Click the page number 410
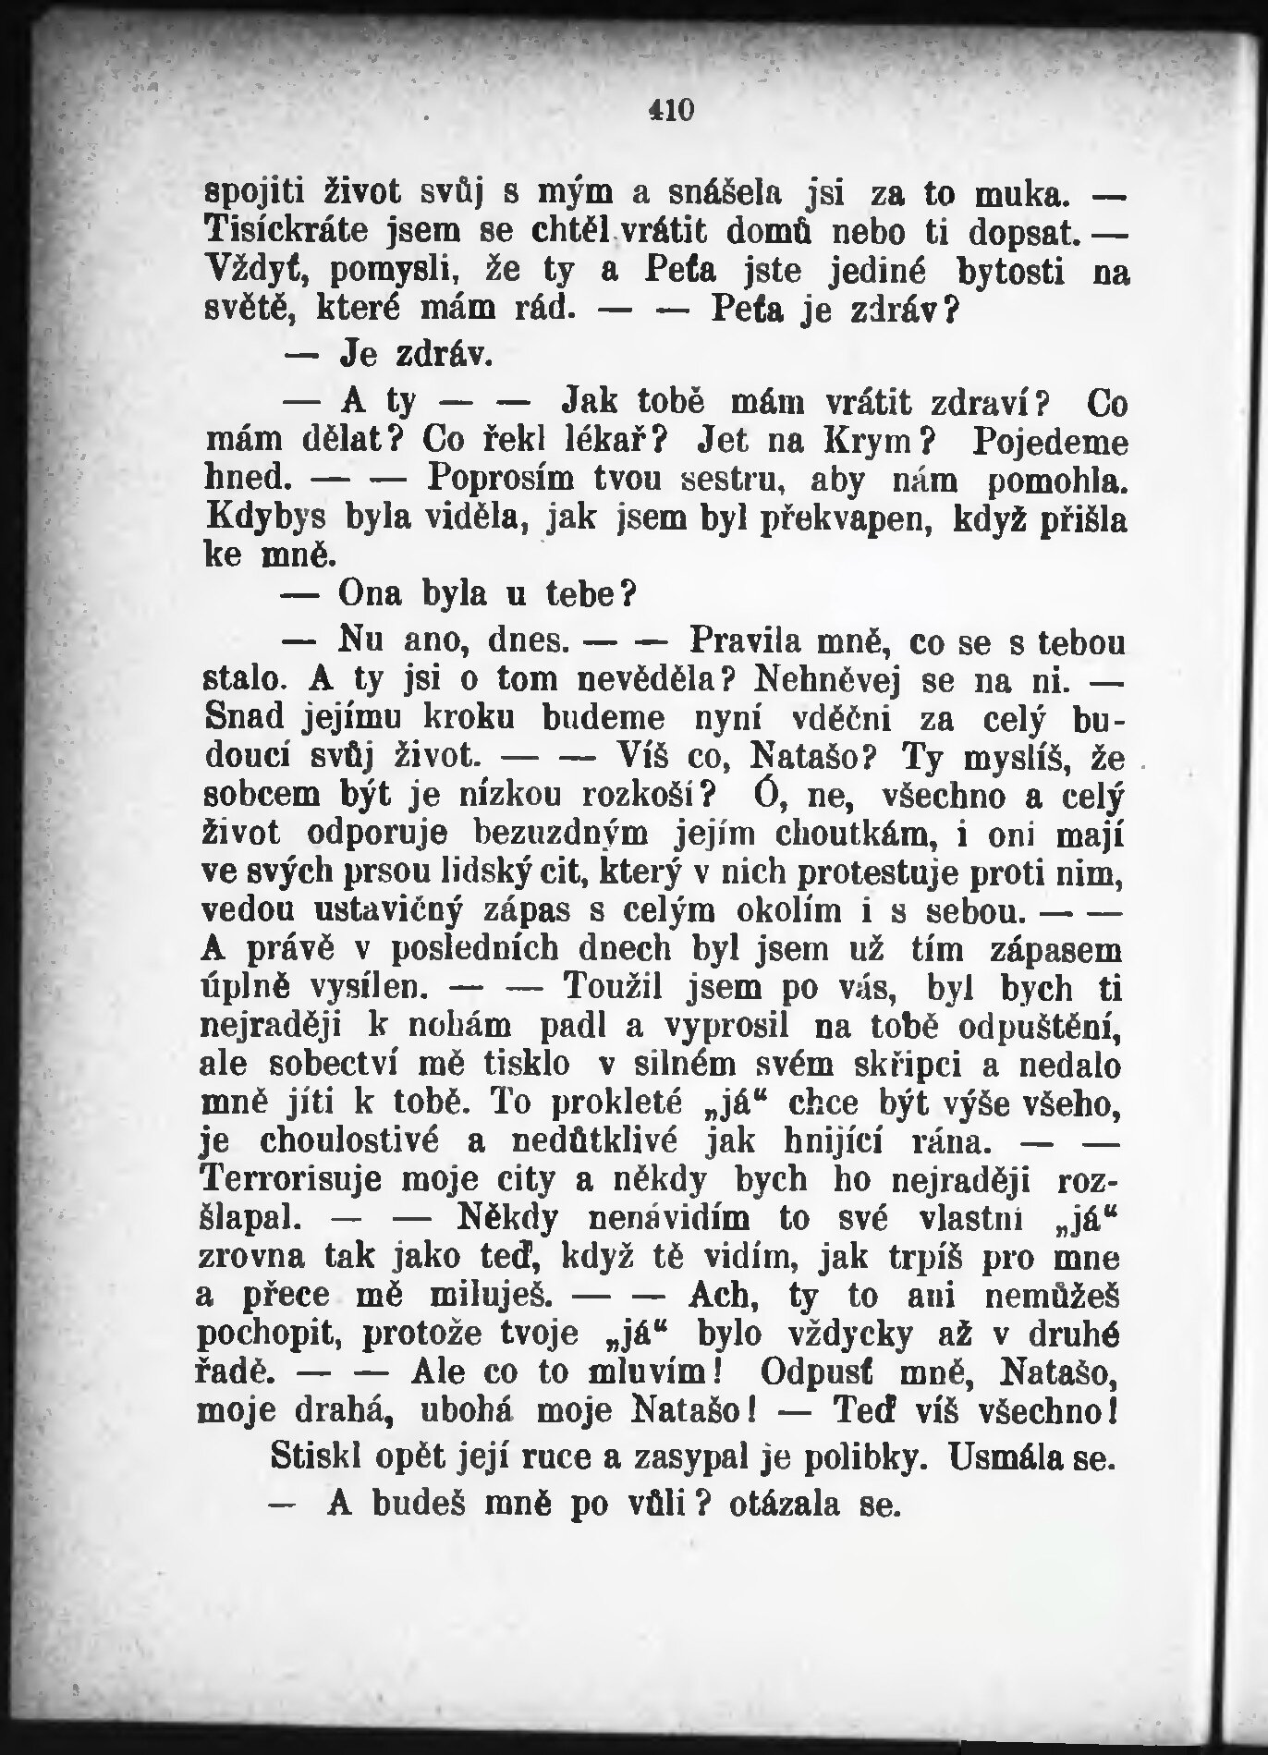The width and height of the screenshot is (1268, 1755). (x=670, y=110)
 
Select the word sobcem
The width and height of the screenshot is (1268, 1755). (x=261, y=795)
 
